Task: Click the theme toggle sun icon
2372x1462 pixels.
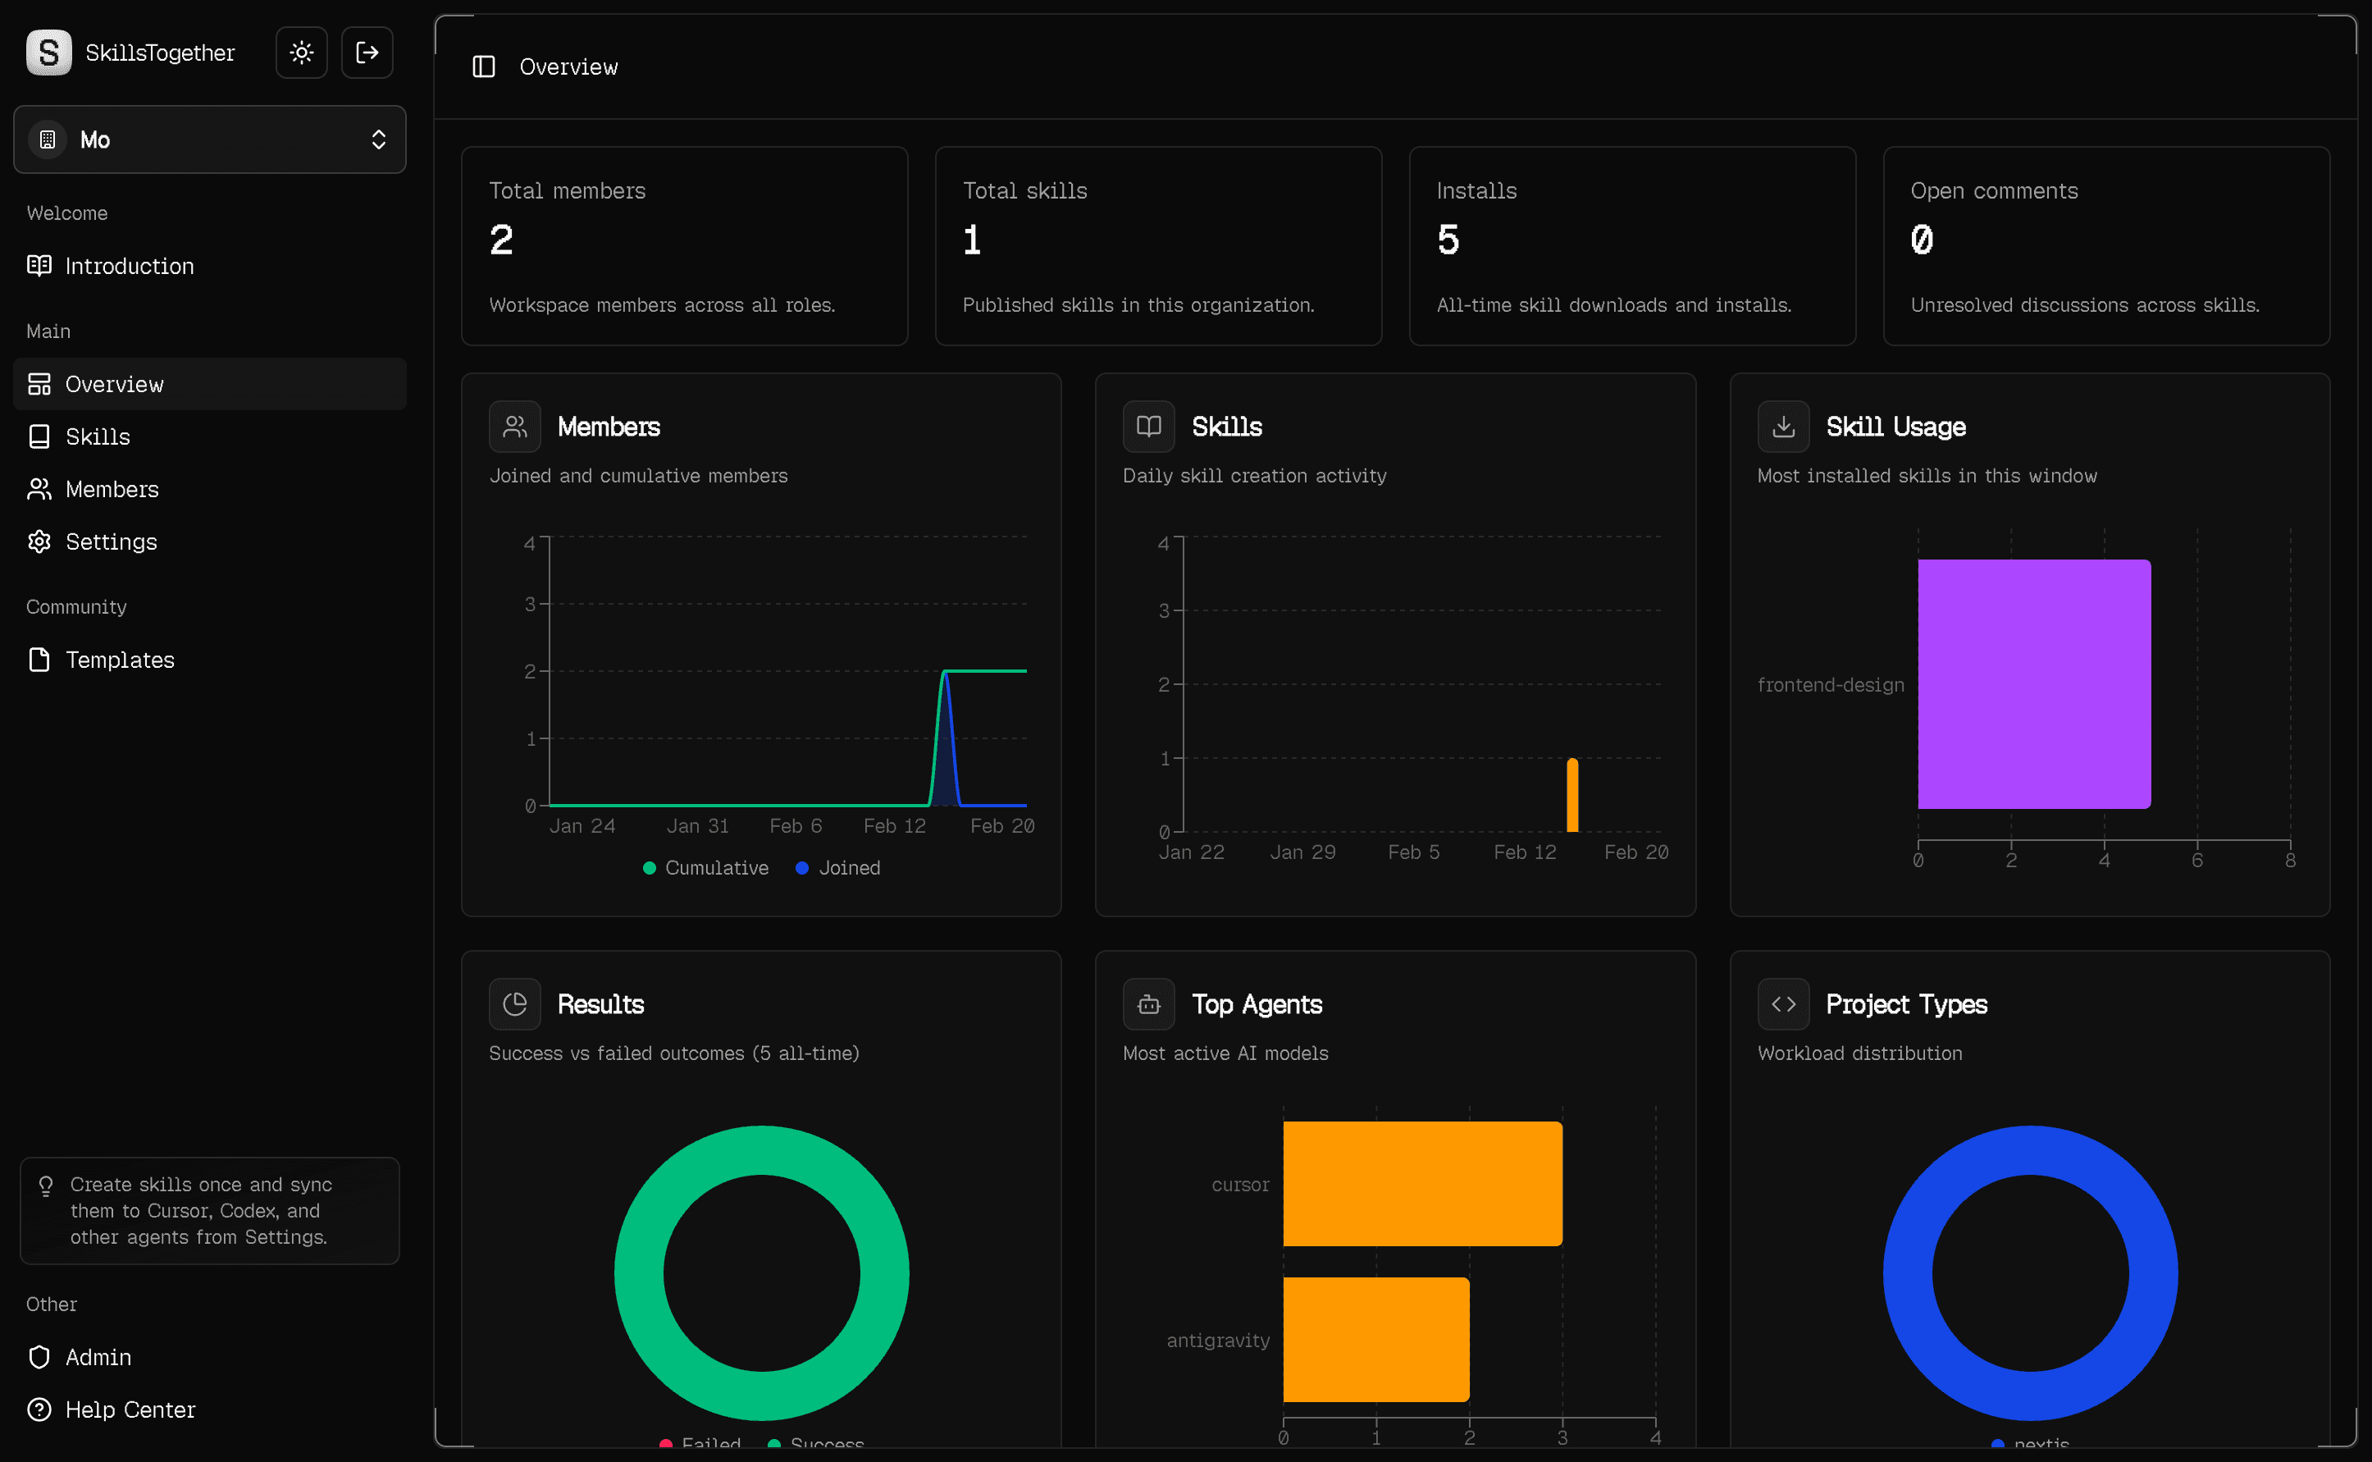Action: click(x=302, y=53)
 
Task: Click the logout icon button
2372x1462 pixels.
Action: click(x=367, y=53)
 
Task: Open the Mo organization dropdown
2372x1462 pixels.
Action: click(x=210, y=139)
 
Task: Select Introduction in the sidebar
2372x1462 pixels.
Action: click(x=129, y=266)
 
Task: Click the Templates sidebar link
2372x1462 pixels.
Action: click(x=119, y=660)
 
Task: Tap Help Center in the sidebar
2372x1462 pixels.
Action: click(x=130, y=1409)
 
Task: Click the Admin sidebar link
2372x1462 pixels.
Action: click(x=98, y=1357)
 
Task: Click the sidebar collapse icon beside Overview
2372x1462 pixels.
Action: click(x=483, y=66)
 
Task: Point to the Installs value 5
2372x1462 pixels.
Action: click(x=1448, y=240)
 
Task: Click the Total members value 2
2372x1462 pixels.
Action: click(x=500, y=240)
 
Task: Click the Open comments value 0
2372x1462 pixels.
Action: click(x=1922, y=240)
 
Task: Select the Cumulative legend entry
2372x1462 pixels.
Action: click(x=705, y=867)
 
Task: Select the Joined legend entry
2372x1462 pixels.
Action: click(x=838, y=867)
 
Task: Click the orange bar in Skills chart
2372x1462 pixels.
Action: click(x=1572, y=796)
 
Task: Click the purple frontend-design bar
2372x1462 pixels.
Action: click(x=2034, y=683)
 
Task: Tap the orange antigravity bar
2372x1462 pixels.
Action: click(x=1375, y=1339)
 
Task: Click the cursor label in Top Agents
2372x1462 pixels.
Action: click(x=1240, y=1185)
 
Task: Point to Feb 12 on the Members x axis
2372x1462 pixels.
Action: click(x=894, y=825)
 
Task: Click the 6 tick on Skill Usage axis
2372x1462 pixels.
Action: click(x=2197, y=860)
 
